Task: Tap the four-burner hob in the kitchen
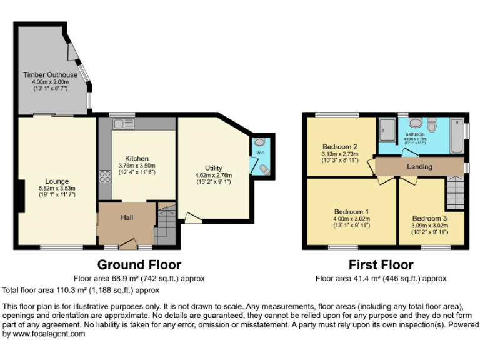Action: point(104,176)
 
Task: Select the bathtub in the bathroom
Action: point(456,136)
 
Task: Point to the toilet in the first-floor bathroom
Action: point(432,124)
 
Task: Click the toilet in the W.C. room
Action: point(264,169)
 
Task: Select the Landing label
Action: point(419,166)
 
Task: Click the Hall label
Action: point(128,217)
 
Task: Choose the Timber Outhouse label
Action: point(51,75)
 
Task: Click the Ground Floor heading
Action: point(139,265)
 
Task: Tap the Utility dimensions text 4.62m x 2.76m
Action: point(213,176)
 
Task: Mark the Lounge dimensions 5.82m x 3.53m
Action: point(57,188)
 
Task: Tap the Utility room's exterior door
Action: point(193,218)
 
